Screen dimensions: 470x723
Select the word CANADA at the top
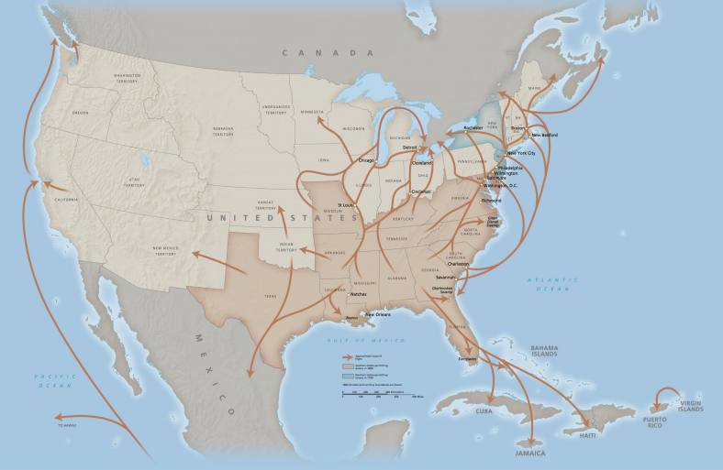coord(311,54)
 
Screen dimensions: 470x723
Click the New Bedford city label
coord(543,134)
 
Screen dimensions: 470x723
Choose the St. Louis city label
coord(345,205)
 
